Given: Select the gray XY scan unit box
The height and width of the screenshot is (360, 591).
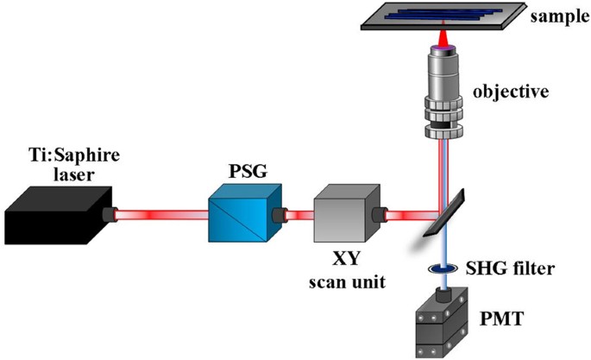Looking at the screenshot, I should pos(340,211).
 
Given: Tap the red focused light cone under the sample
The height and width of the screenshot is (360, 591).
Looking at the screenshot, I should pos(447,39).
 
